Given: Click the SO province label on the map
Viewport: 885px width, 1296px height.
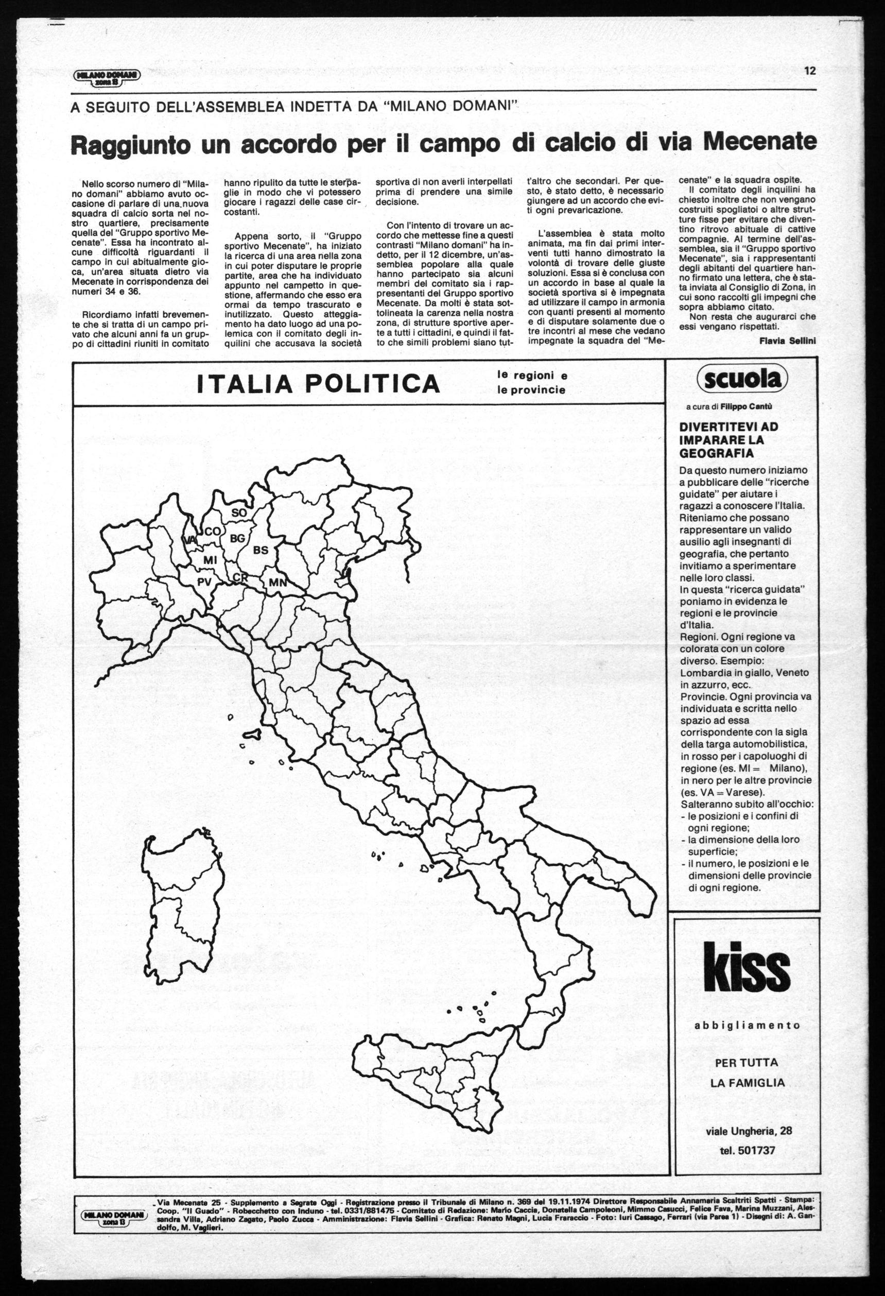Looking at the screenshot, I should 238,513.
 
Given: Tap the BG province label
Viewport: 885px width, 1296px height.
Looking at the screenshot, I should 237,538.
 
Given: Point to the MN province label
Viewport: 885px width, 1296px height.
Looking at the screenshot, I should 277,583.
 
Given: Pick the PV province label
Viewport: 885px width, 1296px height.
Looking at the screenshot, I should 205,582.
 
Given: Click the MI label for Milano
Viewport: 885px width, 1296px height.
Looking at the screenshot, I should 210,559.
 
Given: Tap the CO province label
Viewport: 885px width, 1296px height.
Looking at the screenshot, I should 212,532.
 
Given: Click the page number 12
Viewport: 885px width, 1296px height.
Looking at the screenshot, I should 810,71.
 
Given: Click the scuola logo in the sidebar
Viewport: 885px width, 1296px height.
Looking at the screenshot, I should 743,379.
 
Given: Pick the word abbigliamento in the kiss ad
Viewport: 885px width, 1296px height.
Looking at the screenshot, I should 747,1025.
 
